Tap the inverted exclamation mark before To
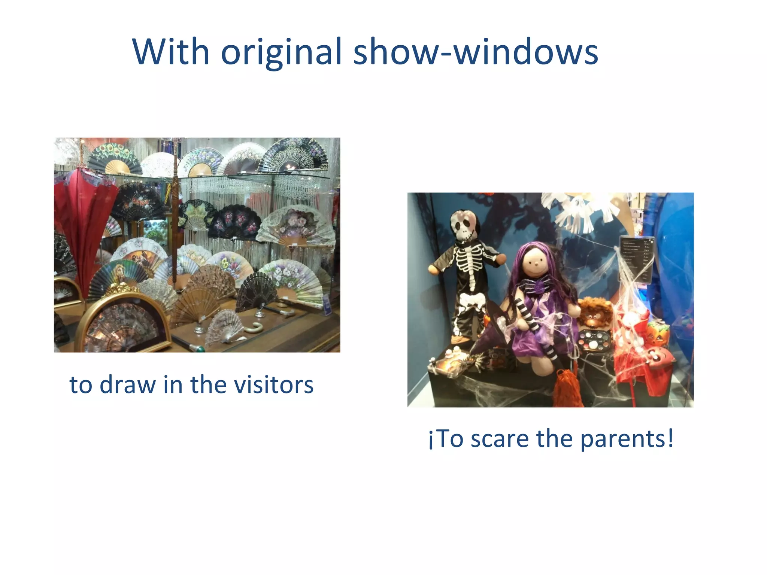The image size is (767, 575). [x=431, y=440]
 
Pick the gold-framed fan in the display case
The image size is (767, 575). [x=124, y=326]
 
